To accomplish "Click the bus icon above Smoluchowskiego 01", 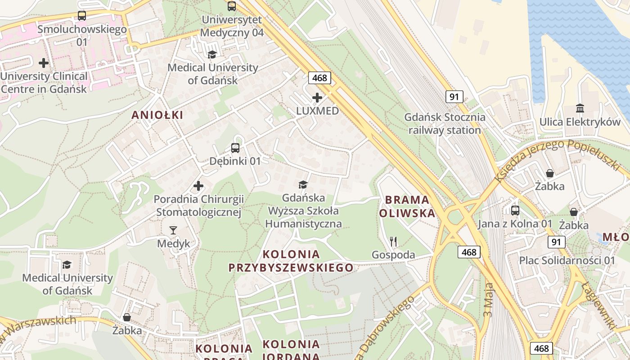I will point(81,16).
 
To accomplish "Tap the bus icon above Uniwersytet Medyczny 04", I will point(232,6).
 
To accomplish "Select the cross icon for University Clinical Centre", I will point(44,63).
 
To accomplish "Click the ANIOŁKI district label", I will point(157,115).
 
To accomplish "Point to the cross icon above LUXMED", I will point(317,97).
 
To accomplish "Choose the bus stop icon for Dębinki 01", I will point(235,148).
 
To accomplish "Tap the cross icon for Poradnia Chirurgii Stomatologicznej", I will point(198,185).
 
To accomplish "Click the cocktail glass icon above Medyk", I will point(173,230).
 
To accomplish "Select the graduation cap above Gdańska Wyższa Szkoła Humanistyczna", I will point(303,184).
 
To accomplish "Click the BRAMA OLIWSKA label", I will point(407,206).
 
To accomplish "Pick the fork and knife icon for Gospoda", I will point(393,242).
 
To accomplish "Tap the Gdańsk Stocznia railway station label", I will point(445,124).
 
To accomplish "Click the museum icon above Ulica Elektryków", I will point(580,108).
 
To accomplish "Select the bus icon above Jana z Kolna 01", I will point(515,210).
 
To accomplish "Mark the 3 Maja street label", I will point(489,299).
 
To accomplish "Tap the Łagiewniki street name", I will point(598,306).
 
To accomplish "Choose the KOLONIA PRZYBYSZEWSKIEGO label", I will point(291,261).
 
